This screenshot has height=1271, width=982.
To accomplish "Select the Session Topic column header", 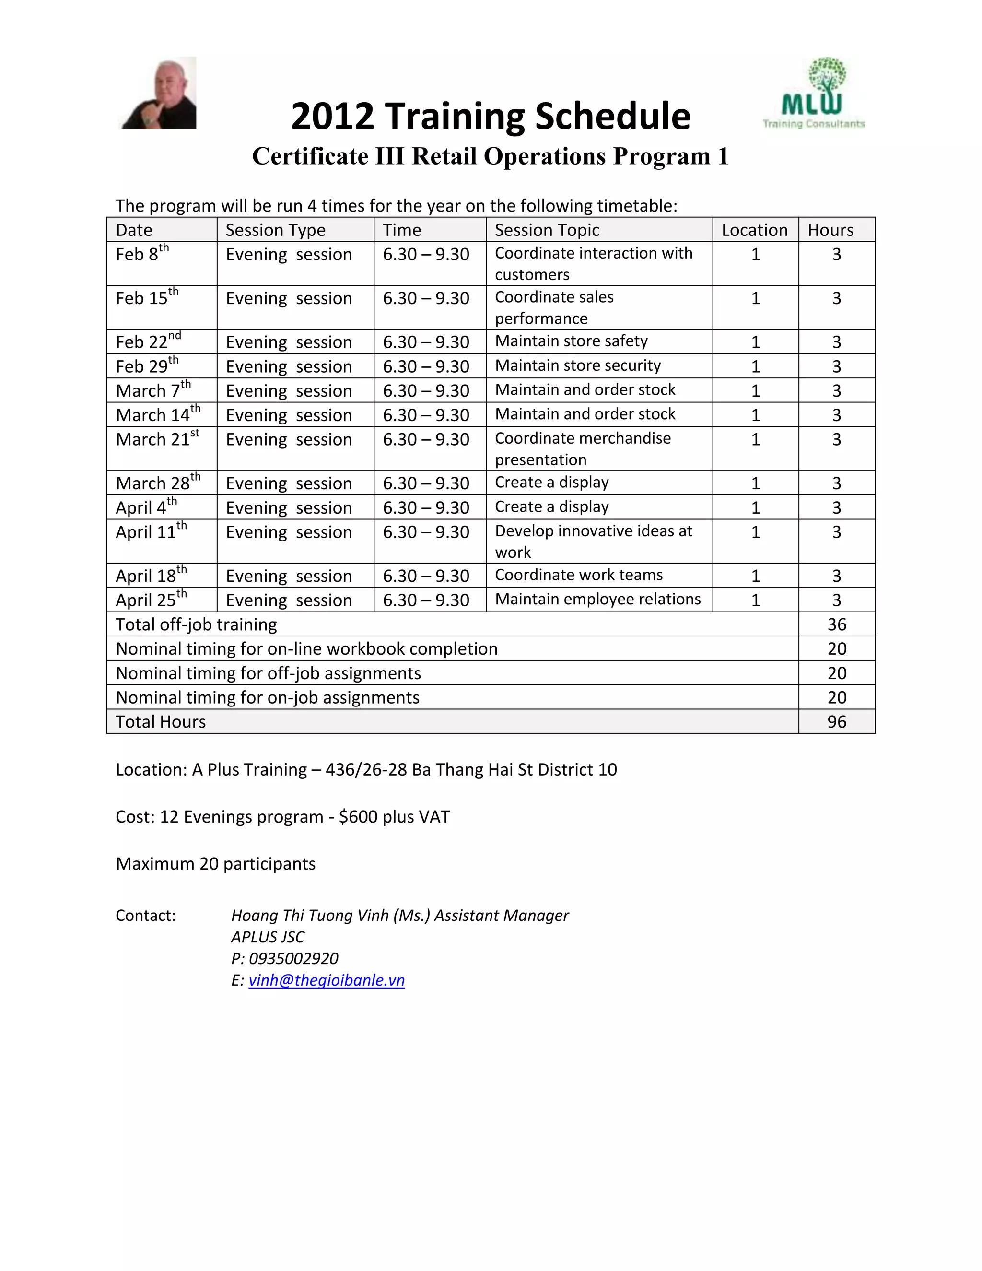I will (546, 230).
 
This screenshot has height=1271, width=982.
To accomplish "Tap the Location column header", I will (755, 230).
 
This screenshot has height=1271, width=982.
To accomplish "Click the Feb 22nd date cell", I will (148, 341).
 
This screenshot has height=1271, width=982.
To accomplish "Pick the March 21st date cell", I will (157, 439).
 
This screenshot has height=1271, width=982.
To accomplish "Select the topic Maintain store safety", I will (571, 341).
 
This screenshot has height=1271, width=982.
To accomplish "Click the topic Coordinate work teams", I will (578, 575).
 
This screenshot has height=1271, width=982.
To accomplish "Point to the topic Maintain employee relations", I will (597, 600).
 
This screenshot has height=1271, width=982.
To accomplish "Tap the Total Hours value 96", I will (836, 722).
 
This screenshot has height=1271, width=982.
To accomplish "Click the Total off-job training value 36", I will (836, 624).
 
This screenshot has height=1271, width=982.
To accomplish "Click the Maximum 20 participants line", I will (215, 864).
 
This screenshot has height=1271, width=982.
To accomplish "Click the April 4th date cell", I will (145, 507).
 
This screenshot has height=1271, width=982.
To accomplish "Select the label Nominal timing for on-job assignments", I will (268, 697).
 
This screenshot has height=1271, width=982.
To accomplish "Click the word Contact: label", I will (145, 916).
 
